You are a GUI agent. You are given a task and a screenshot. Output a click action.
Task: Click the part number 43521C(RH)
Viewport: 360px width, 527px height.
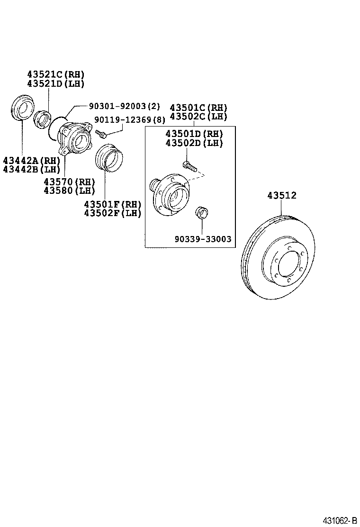coord(55,74)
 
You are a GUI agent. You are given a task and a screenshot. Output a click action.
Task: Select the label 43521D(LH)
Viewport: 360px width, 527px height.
coord(55,83)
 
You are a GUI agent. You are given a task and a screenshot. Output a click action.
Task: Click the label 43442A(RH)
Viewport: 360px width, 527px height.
coord(31,161)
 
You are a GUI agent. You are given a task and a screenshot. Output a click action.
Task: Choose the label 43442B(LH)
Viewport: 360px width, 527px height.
coord(31,169)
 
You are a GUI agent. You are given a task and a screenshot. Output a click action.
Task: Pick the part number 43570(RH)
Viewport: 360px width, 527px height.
coord(69,182)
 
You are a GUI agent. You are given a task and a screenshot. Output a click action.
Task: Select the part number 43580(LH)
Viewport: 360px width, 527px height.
coord(69,191)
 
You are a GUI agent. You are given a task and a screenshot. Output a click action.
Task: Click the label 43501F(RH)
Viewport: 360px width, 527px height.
coord(113,204)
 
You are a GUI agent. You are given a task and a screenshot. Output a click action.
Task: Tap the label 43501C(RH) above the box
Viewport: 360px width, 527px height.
coord(198,108)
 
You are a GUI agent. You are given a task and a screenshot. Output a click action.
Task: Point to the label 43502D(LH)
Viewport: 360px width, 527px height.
coord(194,143)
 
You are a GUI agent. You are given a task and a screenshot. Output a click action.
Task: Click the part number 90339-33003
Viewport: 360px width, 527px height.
coord(202,239)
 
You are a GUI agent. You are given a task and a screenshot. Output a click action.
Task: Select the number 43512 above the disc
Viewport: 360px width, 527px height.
coord(281,195)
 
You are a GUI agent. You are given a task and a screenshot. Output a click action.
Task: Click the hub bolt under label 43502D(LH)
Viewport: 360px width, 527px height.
coord(189,166)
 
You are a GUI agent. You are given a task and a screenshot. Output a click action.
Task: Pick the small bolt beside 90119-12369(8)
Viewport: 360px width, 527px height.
coord(100,134)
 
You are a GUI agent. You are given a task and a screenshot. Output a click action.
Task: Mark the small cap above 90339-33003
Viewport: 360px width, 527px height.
coord(201,211)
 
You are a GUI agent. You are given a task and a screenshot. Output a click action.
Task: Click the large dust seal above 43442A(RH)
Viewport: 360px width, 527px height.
coord(22,108)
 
